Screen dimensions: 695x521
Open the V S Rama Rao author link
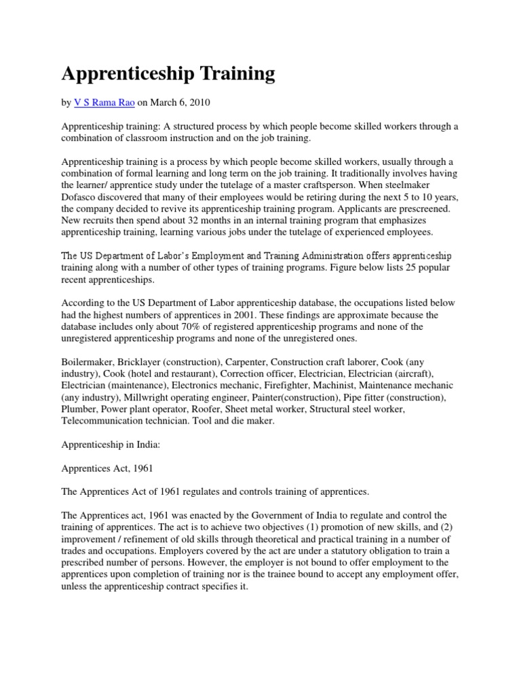104,102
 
